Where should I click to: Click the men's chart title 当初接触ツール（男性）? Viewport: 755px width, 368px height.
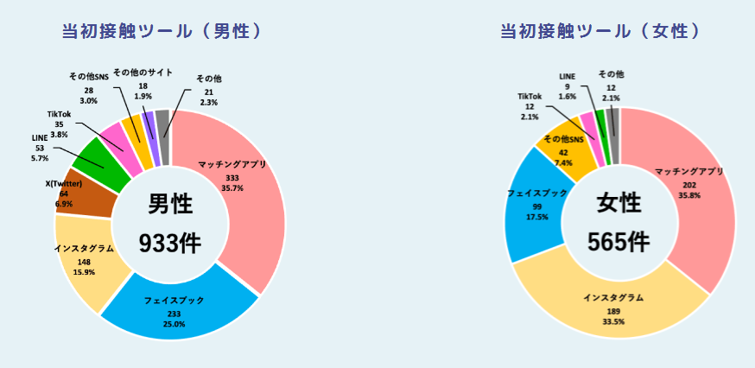point(162,31)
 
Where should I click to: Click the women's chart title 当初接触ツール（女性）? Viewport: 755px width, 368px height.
point(600,31)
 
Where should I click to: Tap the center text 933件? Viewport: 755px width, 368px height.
point(170,244)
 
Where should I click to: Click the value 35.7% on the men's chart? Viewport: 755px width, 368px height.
point(232,188)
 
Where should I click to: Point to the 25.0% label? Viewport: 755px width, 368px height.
point(174,324)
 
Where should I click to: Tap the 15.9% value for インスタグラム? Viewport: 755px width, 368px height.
point(84,271)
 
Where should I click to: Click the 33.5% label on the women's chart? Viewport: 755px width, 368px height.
point(613,321)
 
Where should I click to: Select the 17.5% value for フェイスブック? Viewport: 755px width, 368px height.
point(536,216)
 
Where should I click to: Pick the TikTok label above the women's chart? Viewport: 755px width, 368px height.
point(530,97)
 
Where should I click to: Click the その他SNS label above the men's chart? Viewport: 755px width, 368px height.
point(89,77)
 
